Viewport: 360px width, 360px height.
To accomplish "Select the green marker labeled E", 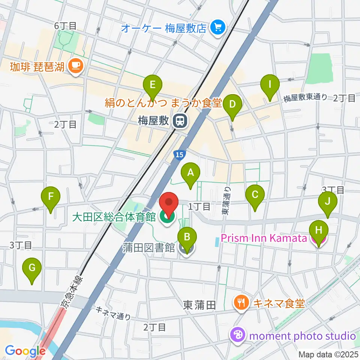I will coord(152,85).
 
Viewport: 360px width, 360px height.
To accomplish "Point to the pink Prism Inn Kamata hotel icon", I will coord(318,238).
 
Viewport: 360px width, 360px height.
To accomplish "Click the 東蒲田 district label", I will coord(199,305).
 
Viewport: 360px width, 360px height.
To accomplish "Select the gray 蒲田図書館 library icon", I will coord(186,247).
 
